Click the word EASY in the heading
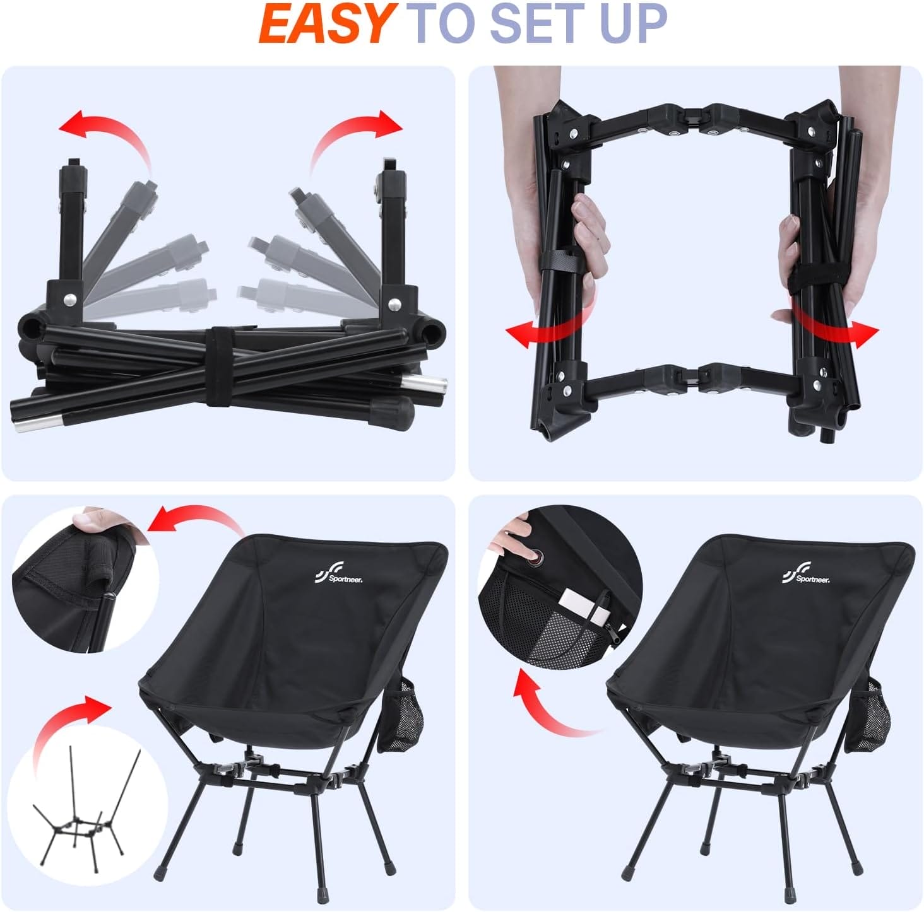(326, 24)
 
